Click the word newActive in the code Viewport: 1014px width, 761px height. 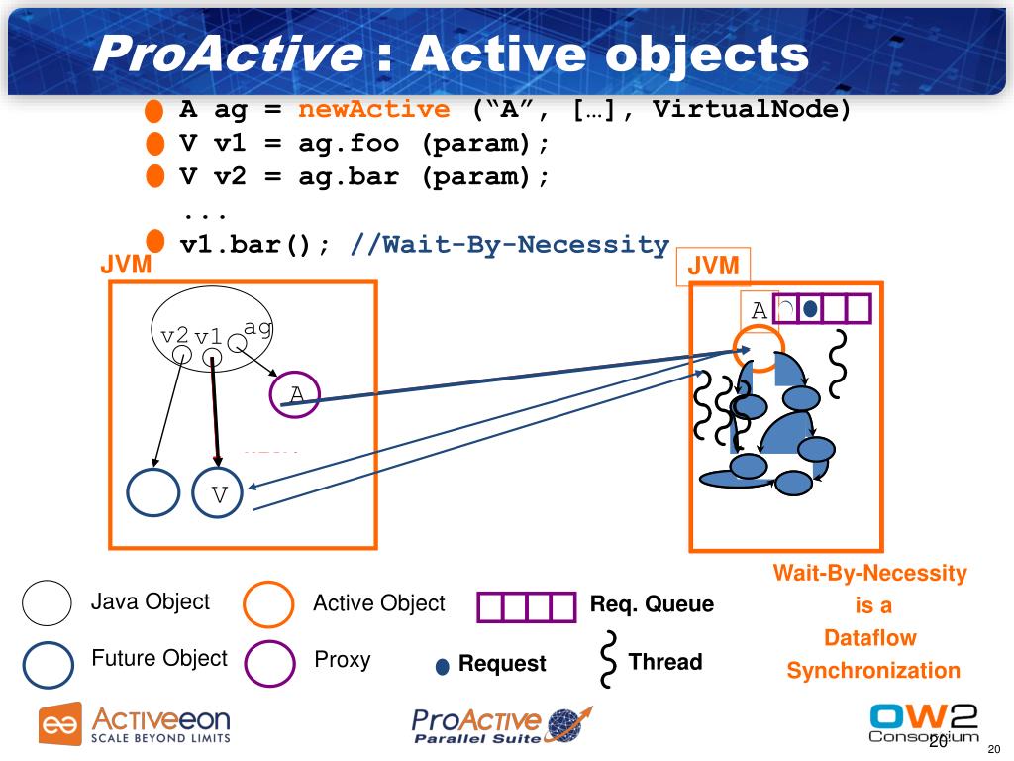coord(373,109)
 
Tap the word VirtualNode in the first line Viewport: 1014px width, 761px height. coord(752,109)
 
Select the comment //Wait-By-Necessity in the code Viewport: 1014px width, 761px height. coord(510,244)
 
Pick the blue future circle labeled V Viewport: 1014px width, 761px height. coord(219,492)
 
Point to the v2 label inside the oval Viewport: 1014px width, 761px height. coord(174,335)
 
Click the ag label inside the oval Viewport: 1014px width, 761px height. coord(257,327)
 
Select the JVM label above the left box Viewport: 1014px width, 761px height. coord(126,266)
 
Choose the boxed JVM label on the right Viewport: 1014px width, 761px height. coord(713,267)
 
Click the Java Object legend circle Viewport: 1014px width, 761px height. coord(47,602)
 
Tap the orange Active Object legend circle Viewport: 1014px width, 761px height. coord(269,604)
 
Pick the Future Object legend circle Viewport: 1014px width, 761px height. coord(48,663)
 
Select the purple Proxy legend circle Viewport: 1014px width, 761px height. coord(269,663)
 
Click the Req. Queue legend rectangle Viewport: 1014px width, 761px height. coord(526,606)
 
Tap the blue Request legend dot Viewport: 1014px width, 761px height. coord(443,666)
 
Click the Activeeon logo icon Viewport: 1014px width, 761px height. coord(59,724)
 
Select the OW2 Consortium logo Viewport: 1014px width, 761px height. coord(922,722)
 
